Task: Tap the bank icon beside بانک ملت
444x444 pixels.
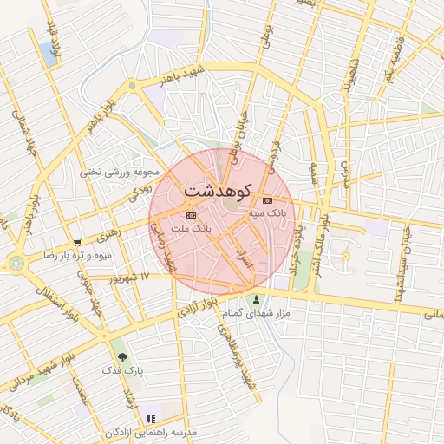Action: click(191, 215)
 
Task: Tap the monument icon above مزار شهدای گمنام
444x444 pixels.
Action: click(255, 300)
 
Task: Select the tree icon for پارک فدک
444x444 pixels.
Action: click(121, 356)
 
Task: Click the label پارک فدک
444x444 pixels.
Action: click(122, 369)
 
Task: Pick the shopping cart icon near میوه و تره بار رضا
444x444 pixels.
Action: click(78, 244)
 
